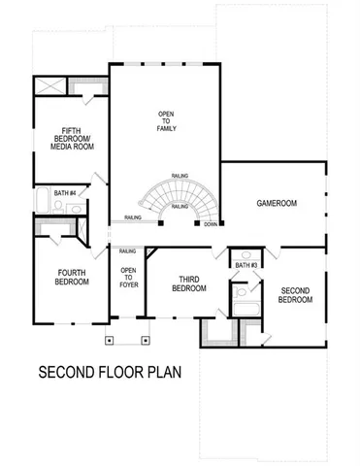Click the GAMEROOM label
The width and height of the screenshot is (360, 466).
click(277, 203)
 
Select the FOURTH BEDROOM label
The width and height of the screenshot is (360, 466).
click(73, 277)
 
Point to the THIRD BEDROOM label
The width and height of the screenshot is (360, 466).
click(189, 283)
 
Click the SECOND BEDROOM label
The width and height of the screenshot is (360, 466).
click(296, 295)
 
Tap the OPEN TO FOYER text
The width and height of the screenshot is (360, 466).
click(128, 279)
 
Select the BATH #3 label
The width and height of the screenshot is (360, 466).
click(245, 263)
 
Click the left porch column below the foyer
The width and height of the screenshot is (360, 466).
click(112, 341)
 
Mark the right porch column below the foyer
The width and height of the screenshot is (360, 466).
click(146, 341)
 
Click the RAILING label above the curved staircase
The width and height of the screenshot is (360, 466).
click(180, 177)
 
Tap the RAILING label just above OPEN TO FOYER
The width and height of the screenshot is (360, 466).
click(127, 250)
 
